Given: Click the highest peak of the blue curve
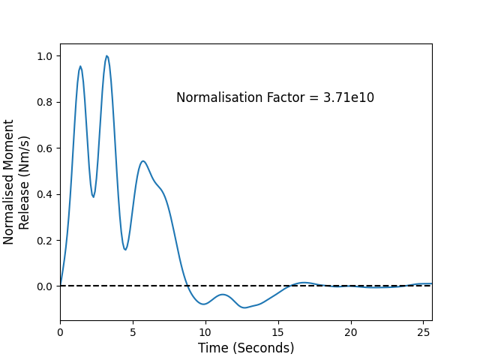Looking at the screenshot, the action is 106,56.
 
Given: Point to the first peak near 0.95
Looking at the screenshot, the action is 80,67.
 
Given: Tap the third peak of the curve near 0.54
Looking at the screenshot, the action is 143,161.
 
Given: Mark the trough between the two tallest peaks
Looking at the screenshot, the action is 93,196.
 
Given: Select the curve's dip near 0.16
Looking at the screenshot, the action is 125,250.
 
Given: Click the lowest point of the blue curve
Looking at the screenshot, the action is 244,307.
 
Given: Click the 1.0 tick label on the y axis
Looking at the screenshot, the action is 44,56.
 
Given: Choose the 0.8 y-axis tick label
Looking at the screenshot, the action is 44,102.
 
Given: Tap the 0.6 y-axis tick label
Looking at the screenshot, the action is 44,148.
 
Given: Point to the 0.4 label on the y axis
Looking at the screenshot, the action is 44,194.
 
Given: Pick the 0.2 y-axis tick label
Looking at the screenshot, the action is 44,241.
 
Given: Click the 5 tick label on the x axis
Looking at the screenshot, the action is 133,332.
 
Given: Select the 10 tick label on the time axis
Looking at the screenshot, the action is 205,332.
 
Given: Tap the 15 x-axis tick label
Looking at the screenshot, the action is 278,332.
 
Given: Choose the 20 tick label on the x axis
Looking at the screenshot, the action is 351,332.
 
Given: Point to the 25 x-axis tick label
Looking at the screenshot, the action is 423,332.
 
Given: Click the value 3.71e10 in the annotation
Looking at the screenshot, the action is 349,97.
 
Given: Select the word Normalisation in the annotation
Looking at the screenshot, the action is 220,97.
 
